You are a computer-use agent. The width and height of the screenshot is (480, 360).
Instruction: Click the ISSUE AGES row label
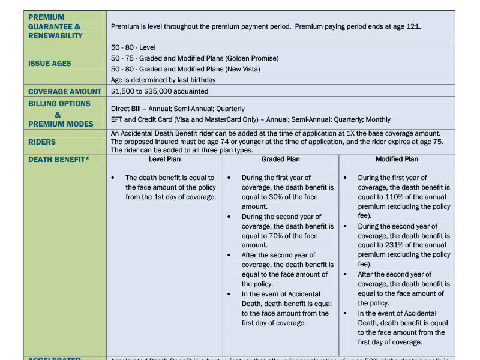[x=50, y=63]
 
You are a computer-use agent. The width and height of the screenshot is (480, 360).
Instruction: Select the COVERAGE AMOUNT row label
[x=65, y=91]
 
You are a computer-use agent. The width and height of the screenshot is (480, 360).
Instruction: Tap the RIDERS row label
[x=42, y=142]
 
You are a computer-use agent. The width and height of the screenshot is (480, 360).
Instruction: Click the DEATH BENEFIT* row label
[x=58, y=160]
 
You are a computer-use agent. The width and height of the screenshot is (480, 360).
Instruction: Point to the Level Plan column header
[x=164, y=160]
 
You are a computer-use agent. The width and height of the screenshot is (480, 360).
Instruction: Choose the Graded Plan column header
[x=281, y=160]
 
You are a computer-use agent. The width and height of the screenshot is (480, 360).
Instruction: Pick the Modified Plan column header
[x=397, y=160]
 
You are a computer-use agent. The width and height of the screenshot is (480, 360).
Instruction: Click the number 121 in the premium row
[x=413, y=26]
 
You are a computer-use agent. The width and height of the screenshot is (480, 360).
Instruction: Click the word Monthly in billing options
[x=377, y=119]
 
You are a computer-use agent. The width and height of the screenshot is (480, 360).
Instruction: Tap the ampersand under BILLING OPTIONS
[x=58, y=115]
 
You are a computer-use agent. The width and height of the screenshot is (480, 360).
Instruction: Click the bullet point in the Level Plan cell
[x=113, y=178]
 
